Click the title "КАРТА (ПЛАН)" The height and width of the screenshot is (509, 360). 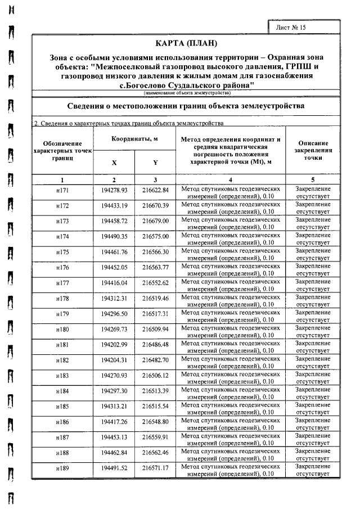click(186, 43)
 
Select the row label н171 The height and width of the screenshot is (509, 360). click(62, 191)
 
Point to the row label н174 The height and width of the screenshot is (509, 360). click(62, 237)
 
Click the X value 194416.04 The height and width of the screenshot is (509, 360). click(114, 283)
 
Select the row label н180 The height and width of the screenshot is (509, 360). click(62, 330)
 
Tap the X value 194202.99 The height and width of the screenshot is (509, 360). click(114, 344)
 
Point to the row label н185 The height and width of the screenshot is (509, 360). click(62, 406)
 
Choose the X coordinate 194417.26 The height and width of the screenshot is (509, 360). click(114, 421)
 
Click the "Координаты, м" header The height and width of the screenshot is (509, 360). click(134, 139)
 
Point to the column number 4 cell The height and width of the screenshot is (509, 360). click(231, 179)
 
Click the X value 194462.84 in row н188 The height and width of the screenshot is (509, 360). click(114, 452)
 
